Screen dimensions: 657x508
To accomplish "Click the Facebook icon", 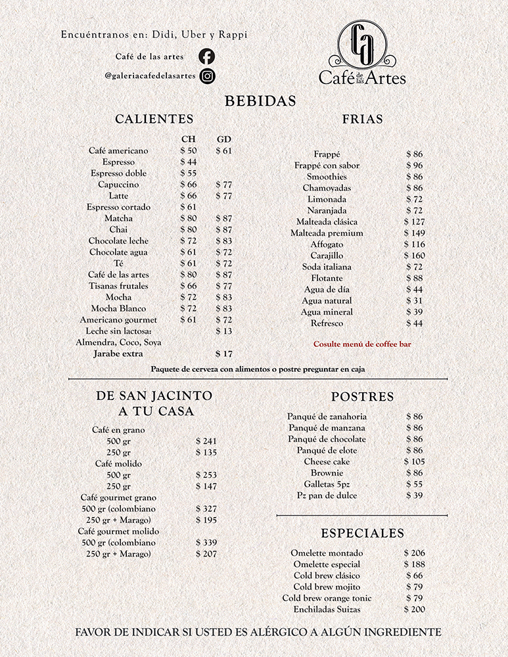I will coord(206,57).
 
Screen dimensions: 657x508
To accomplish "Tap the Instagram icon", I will coord(207,76).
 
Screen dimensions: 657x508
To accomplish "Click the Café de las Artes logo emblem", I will coord(362,43).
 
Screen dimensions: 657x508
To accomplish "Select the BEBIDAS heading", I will coord(260,102).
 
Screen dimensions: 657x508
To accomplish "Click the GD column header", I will coord(223,139).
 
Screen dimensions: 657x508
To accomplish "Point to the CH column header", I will coord(188,139).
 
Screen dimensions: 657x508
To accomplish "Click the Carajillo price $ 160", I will coord(414,256).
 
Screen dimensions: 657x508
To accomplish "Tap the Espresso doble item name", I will coord(119,173).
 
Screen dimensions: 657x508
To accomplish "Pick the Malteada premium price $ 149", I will coord(414,233).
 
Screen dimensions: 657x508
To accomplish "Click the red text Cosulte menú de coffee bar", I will coord(362,344).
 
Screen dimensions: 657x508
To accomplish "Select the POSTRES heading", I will coord(362,397).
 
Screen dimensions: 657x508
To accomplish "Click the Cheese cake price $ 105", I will coord(414,462).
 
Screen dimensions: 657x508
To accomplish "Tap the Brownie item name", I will coord(327,473).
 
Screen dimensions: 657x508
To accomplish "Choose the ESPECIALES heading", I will coord(362,533).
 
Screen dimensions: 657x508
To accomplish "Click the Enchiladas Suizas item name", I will coord(327,610).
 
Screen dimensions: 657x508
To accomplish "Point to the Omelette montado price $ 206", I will coord(414,554).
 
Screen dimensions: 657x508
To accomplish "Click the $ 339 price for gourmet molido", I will coord(206,543).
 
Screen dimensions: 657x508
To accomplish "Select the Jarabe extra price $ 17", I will coord(224,353).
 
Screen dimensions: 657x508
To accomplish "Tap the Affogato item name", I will coord(327,244).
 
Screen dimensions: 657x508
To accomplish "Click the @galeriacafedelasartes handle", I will coord(150,76).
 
